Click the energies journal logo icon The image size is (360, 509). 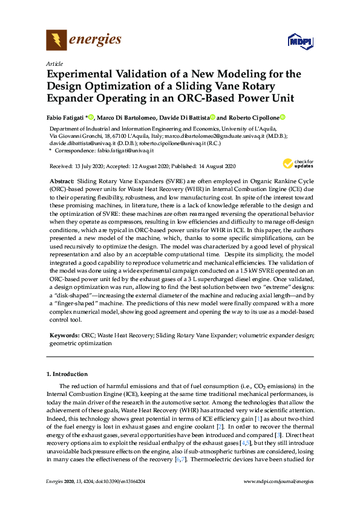[x=56, y=41]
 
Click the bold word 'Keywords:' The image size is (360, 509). [x=64, y=334]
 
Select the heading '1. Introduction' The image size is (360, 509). [x=67, y=374]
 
